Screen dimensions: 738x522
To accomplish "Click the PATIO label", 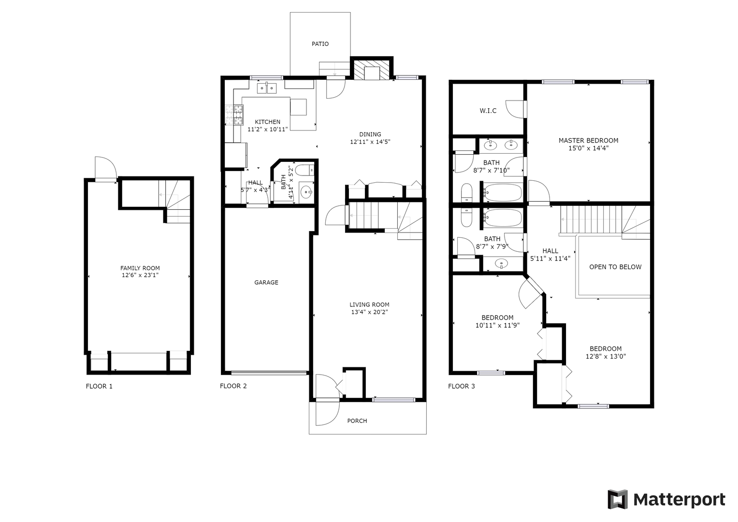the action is pos(320,44).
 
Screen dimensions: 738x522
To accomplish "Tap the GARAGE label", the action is pos(266,282).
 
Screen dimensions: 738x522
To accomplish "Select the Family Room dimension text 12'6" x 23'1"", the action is pos(140,275).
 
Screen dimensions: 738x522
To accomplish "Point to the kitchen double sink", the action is pos(267,88).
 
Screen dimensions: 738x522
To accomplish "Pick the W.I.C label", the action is pos(488,111).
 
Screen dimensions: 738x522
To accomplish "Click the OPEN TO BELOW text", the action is pos(615,267).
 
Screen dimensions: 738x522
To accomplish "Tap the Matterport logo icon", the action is pos(618,499).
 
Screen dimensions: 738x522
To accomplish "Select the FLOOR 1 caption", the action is pos(99,386).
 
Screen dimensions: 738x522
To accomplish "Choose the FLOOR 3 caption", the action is pos(461,386).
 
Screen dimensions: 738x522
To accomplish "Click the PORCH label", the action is pos(357,421).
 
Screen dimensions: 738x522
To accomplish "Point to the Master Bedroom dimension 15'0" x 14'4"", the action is pos(589,148).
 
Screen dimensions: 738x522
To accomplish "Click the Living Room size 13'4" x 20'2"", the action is pos(369,312).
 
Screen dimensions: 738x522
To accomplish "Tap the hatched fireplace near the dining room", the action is pos(372,70).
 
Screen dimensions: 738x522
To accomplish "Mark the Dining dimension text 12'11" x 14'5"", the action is pos(370,142).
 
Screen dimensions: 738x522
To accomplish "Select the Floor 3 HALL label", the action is pos(550,251).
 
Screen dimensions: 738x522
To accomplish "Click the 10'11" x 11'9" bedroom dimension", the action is pos(497,326).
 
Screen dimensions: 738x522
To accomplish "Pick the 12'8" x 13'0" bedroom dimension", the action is pos(606,357).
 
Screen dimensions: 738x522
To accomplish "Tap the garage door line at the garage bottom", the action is pos(269,373).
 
